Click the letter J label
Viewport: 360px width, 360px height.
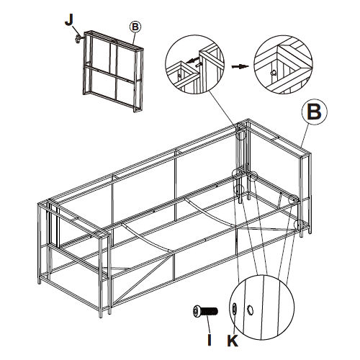pyautogui.click(x=69, y=20)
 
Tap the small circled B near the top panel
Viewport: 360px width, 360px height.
pyautogui.click(x=135, y=27)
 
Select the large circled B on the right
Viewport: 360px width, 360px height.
pyautogui.click(x=315, y=112)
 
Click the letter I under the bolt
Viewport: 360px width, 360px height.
pyautogui.click(x=210, y=339)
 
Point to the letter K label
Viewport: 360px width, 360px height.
pyautogui.click(x=233, y=340)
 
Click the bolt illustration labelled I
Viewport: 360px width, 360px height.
pyautogui.click(x=205, y=312)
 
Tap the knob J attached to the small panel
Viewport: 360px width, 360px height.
pyautogui.click(x=78, y=38)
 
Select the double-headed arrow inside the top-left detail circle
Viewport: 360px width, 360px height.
pyautogui.click(x=193, y=60)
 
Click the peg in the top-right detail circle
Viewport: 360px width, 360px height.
pyautogui.click(x=273, y=73)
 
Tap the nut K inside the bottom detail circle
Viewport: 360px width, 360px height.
pyautogui.click(x=235, y=308)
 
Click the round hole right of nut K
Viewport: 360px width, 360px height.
pyautogui.click(x=250, y=310)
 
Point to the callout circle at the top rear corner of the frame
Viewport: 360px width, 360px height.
pyautogui.click(x=241, y=135)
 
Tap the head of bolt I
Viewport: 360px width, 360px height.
pyautogui.click(x=197, y=312)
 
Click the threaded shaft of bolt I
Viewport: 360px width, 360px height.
pyautogui.click(x=210, y=312)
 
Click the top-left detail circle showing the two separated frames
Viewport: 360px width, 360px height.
pyautogui.click(x=194, y=64)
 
